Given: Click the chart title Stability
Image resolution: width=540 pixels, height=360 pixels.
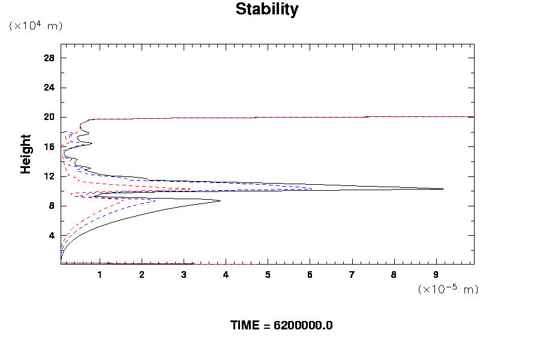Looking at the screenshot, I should click(267, 10).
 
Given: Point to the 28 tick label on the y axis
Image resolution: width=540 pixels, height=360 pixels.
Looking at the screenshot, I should click(49, 58).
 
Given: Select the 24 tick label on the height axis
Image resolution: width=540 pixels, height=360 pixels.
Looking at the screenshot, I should click(49, 88).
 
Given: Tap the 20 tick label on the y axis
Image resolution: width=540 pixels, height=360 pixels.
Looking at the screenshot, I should click(49, 117).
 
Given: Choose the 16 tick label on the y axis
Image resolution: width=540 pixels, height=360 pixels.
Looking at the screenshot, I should click(49, 146).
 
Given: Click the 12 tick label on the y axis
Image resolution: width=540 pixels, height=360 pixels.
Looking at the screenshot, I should click(49, 176).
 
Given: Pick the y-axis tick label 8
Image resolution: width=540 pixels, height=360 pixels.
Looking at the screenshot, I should click(52, 206).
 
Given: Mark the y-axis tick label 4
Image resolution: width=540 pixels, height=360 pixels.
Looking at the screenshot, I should click(52, 235).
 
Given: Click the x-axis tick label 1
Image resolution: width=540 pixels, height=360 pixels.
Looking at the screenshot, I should click(100, 275).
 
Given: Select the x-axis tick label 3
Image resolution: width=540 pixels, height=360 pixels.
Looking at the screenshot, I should click(184, 275).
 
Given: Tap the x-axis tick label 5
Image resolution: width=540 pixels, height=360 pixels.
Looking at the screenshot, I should click(268, 275).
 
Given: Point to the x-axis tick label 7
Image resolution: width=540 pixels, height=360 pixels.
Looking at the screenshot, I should click(352, 275).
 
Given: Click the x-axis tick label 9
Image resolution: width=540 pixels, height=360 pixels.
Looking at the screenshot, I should click(436, 275).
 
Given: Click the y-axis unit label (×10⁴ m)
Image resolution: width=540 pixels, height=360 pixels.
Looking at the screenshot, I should click(35, 26).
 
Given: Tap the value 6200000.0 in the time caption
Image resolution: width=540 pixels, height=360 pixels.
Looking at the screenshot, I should click(303, 326).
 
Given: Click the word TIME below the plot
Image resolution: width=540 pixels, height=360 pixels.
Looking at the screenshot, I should click(246, 326).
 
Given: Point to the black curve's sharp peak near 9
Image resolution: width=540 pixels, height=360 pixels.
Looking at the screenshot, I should click(443, 189).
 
